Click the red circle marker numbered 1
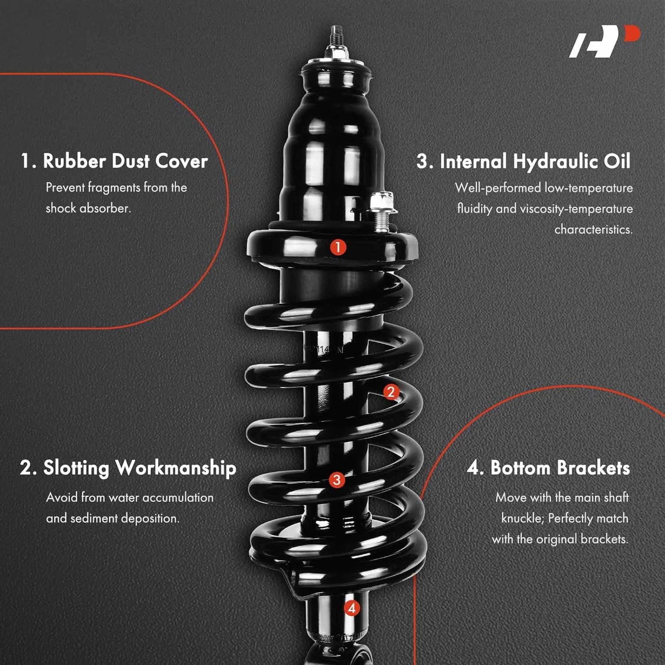click(338, 247)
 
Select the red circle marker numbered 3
click(337, 480)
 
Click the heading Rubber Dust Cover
click(114, 161)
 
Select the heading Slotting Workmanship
click(128, 468)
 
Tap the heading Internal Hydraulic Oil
click(524, 161)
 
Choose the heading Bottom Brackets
click(549, 468)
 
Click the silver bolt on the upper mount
click(381, 211)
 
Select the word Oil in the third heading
click(617, 161)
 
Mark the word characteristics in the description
click(594, 230)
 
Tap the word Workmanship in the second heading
click(176, 468)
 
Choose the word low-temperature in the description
click(589, 188)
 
